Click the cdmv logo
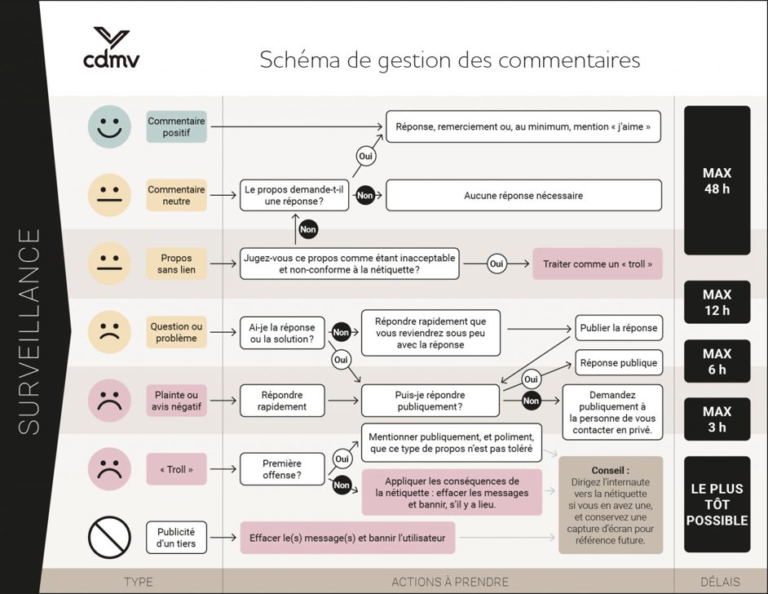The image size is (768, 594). (x=111, y=47)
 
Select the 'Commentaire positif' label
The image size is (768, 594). (x=176, y=127)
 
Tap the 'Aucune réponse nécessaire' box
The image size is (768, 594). (x=523, y=196)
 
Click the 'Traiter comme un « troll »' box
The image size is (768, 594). (x=598, y=264)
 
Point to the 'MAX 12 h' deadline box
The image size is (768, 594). (x=717, y=303)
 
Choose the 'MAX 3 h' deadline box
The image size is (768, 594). (x=717, y=419)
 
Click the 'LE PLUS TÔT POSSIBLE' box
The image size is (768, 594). (x=717, y=504)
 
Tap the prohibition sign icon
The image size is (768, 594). (x=110, y=538)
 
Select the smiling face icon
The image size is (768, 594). (x=110, y=127)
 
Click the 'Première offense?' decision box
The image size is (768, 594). (x=282, y=469)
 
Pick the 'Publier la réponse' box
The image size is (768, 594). (x=619, y=328)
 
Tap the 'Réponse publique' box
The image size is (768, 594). (x=619, y=362)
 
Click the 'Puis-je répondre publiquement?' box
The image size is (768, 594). (x=430, y=401)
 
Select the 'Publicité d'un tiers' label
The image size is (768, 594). (x=176, y=538)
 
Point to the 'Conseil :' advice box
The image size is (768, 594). (x=611, y=505)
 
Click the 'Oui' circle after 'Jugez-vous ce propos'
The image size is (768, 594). (x=497, y=264)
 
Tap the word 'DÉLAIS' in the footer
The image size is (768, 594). (x=720, y=582)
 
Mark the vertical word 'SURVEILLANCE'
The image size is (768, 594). (x=29, y=332)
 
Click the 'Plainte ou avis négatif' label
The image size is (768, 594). (x=176, y=401)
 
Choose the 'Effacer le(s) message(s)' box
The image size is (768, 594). (x=347, y=538)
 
